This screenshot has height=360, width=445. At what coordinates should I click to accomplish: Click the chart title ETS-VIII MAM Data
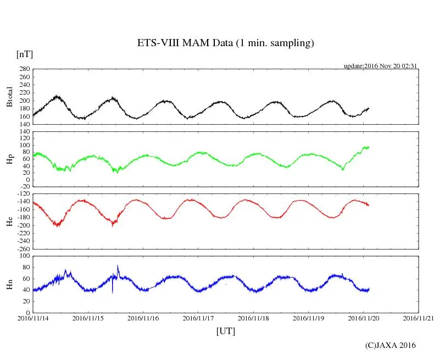point(225,43)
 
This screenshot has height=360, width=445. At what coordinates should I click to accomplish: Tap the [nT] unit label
point(25,54)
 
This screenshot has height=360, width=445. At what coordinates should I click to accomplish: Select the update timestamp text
point(381,65)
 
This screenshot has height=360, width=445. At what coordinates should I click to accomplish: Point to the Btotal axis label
point(9,97)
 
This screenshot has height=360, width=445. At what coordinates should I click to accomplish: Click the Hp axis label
point(9,159)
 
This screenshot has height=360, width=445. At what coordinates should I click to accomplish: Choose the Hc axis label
point(9,221)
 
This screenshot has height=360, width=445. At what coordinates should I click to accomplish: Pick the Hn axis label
point(9,284)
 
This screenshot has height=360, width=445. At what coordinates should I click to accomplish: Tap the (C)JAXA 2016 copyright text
point(391,345)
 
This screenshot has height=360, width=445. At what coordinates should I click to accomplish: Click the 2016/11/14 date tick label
point(33,318)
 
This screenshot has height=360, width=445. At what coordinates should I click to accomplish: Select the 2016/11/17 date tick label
point(198,318)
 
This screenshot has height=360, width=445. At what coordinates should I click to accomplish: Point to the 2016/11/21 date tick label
point(418,318)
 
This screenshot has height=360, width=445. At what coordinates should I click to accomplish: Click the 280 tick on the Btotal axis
point(24,69)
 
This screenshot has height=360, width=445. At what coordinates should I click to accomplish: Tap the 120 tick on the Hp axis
point(24,131)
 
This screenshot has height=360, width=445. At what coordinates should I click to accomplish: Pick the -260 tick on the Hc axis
point(22,248)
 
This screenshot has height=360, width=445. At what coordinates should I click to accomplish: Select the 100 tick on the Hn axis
point(24,256)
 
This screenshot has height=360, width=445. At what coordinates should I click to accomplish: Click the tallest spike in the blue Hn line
point(118,266)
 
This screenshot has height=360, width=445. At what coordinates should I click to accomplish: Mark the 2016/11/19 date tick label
point(308,318)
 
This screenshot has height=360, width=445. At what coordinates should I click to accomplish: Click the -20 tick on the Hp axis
point(24,186)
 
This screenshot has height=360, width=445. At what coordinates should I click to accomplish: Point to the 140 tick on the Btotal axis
point(24,124)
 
